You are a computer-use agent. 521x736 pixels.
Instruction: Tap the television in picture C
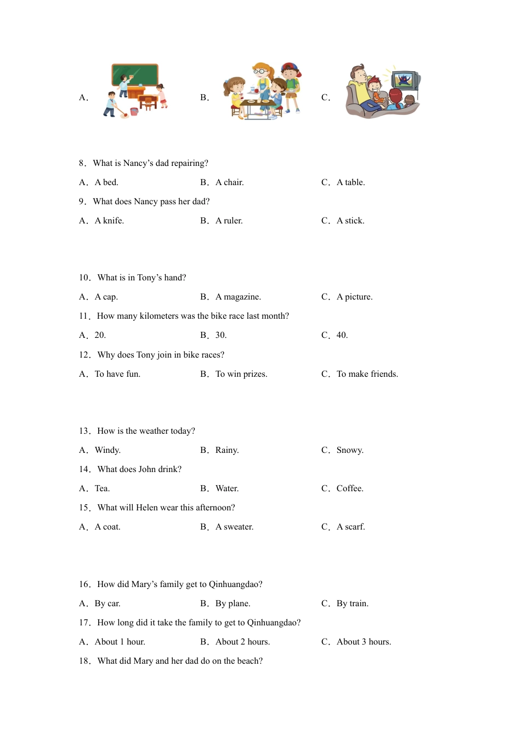tap(405, 81)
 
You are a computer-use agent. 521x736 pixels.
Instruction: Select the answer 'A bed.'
tap(106, 182)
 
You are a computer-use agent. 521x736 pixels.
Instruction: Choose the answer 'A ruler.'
tap(229, 221)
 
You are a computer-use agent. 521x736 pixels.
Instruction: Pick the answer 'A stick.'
tap(350, 221)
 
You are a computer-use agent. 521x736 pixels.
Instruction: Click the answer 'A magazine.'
tap(238, 297)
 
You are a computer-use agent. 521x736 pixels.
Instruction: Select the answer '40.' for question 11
tap(342, 335)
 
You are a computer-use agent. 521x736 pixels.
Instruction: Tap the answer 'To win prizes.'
tap(241, 374)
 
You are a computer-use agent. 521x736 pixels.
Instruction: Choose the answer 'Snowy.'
tap(350, 450)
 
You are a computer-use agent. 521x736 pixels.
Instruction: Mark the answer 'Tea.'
tap(102, 488)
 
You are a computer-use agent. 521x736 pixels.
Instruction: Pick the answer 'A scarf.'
tap(350, 527)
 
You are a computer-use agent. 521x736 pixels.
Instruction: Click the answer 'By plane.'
tap(233, 603)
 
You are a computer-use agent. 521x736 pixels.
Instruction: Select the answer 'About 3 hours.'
tap(364, 642)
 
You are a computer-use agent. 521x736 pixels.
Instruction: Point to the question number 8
tap(82, 163)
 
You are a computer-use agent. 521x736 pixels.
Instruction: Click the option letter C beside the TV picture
tap(325, 97)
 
